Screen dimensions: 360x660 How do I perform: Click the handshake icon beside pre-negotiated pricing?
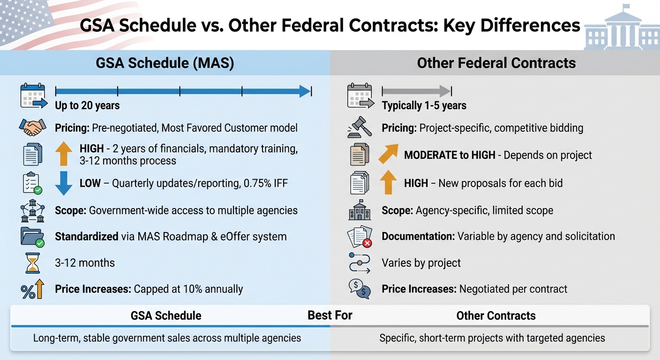[32, 127]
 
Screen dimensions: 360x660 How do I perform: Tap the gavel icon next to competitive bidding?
[359, 127]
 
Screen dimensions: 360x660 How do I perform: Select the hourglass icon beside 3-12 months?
[32, 263]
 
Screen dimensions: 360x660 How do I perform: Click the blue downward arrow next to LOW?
[63, 183]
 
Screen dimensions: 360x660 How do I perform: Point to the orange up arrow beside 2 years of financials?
[63, 154]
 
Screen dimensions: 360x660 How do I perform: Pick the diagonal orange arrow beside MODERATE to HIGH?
[389, 154]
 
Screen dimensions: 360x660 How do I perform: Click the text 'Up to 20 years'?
[87, 105]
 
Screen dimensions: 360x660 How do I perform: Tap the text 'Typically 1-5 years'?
[424, 105]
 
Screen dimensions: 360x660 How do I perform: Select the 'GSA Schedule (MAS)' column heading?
[165, 63]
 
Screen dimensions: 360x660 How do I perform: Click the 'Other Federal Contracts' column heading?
[496, 63]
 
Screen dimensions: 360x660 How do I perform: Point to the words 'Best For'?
[330, 315]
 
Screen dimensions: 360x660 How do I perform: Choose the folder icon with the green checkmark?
[32, 236]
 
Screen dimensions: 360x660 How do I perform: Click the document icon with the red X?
[360, 236]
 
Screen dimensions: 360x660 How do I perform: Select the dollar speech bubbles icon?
[360, 288]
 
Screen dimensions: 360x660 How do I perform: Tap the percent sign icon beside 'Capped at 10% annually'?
[32, 289]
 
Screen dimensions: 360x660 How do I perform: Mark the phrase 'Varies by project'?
[421, 263]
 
